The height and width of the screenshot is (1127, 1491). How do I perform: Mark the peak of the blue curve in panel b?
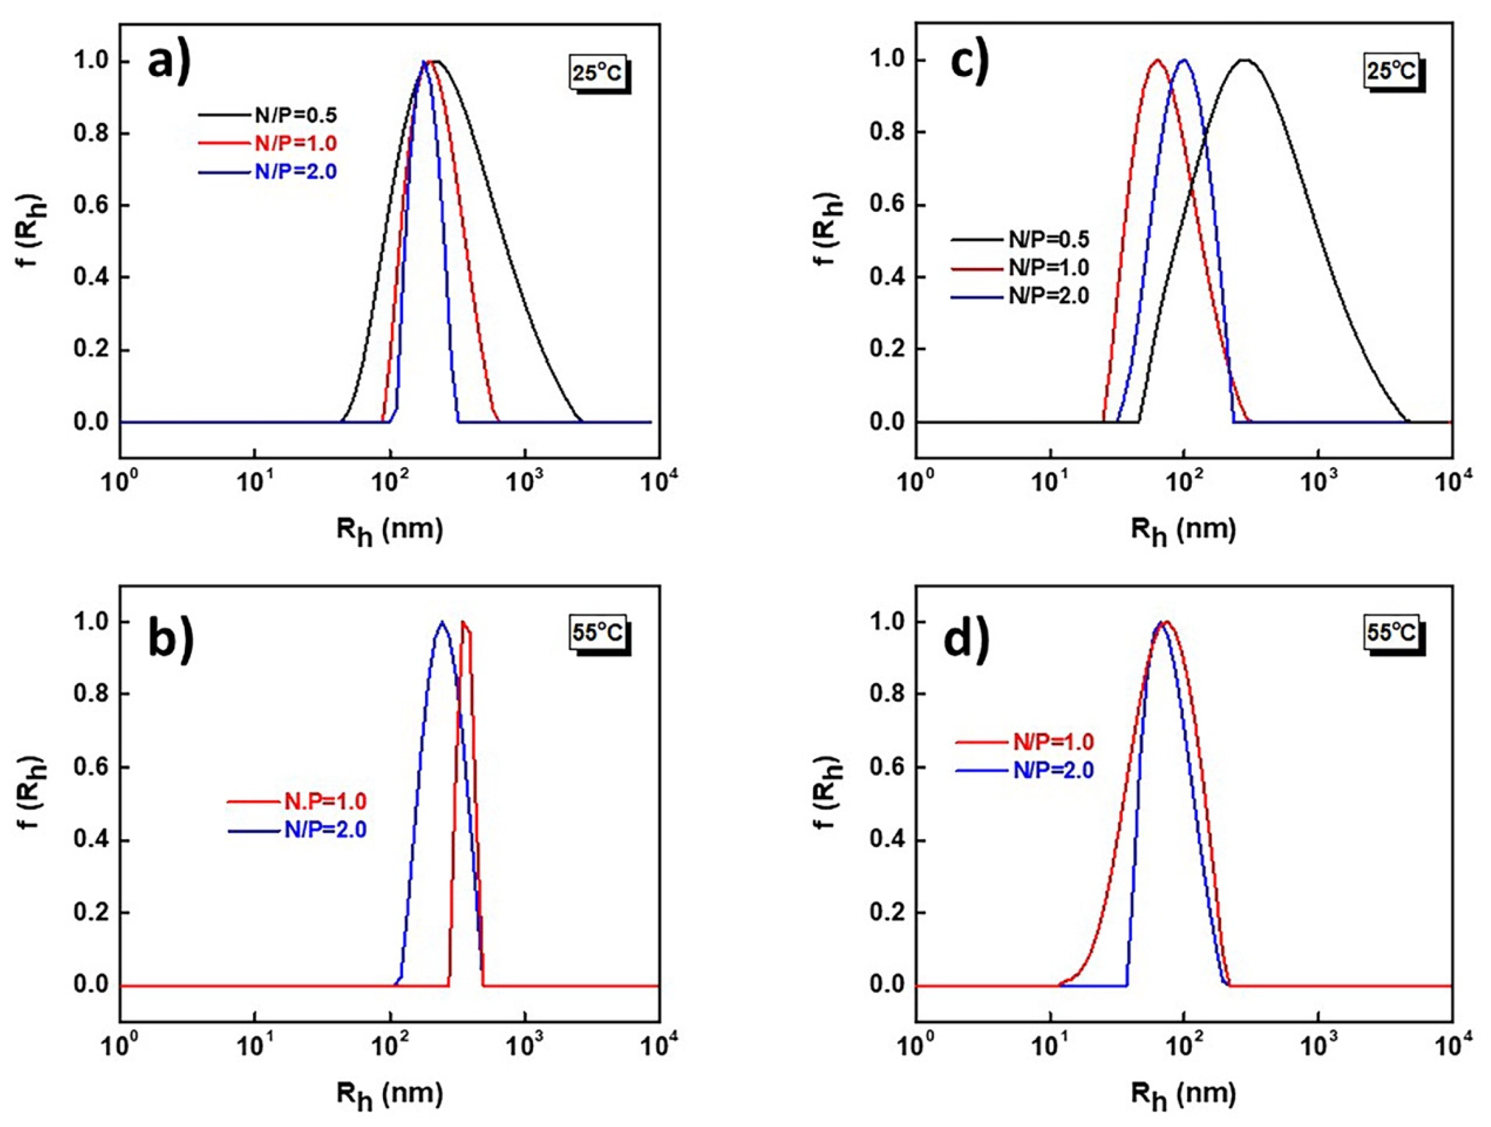click(x=442, y=623)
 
